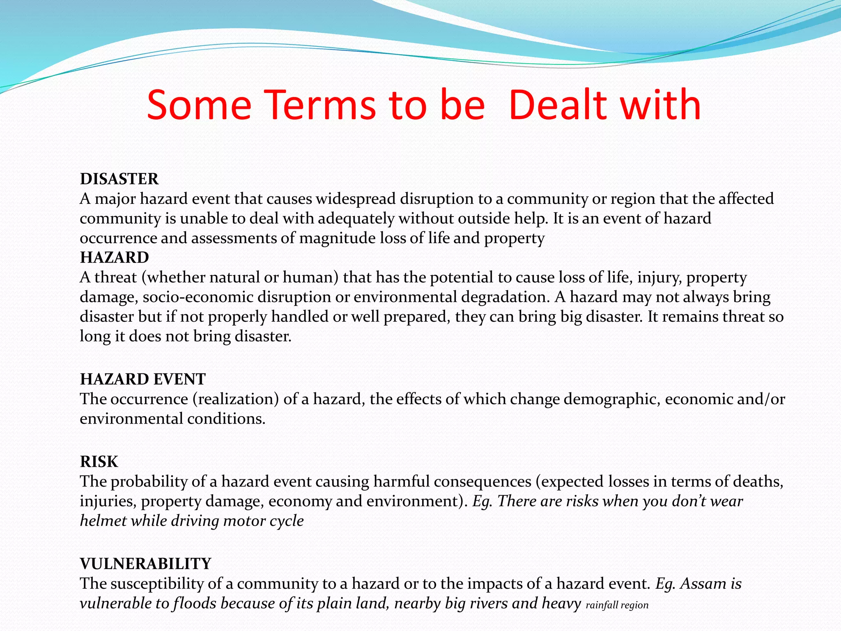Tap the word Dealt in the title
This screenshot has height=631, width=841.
[557, 105]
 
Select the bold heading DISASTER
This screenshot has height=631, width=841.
[119, 179]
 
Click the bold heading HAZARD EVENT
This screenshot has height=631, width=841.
[142, 379]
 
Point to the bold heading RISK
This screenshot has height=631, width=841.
[99, 462]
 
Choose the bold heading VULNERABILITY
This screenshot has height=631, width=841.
[145, 564]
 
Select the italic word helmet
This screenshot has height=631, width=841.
[103, 521]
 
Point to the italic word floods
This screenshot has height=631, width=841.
[195, 603]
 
